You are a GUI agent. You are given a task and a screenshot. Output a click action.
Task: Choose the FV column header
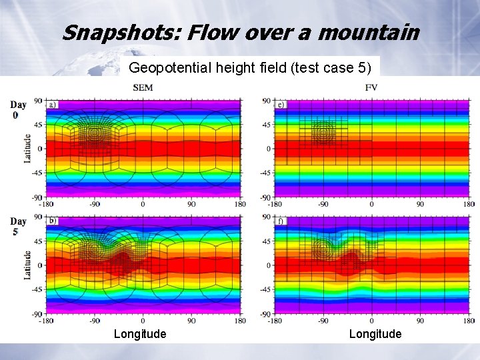click(x=371, y=87)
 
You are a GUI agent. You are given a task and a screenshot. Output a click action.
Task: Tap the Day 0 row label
click(x=17, y=110)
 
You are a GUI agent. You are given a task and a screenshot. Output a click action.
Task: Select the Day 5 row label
click(x=17, y=226)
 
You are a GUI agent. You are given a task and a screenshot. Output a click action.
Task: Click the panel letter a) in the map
click(x=52, y=105)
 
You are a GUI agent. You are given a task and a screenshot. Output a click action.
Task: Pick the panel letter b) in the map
click(x=52, y=221)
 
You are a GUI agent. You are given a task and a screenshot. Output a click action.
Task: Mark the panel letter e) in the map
click(x=281, y=105)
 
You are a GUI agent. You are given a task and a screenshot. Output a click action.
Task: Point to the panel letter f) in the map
click(x=281, y=221)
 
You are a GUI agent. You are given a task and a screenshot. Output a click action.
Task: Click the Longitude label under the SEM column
click(x=140, y=333)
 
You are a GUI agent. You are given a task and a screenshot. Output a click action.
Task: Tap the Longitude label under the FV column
click(x=375, y=333)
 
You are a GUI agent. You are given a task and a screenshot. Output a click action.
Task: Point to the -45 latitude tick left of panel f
click(x=266, y=289)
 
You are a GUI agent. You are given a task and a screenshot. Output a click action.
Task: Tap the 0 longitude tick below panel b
click(x=143, y=321)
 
